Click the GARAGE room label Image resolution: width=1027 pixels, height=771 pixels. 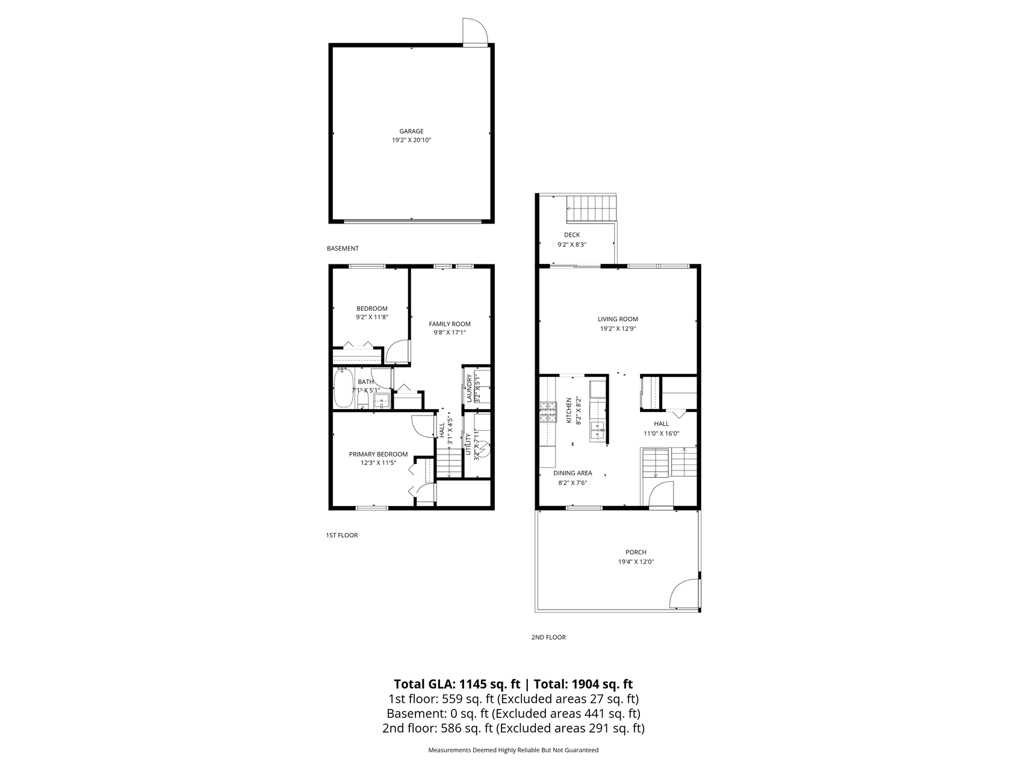[411, 131]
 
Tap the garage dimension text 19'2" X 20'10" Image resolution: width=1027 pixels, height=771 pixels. [411, 140]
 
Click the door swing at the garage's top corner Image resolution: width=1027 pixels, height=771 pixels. [474, 31]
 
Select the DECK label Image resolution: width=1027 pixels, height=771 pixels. [572, 235]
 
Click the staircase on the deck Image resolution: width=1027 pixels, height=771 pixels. [592, 208]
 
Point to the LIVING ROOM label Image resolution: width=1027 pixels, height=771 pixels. [618, 319]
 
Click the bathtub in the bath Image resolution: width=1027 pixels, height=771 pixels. [344, 389]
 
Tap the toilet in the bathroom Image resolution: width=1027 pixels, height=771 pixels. [362, 399]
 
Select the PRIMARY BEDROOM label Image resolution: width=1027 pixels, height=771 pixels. [378, 454]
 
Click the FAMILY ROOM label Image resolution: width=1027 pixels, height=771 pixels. [450, 324]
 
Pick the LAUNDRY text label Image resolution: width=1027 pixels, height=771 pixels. [469, 389]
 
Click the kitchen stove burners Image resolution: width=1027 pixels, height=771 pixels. [548, 411]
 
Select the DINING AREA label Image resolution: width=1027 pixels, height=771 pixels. [572, 473]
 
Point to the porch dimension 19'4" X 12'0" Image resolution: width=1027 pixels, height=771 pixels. [636, 562]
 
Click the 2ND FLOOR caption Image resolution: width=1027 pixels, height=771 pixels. [548, 637]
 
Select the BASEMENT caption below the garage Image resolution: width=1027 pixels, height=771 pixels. [343, 248]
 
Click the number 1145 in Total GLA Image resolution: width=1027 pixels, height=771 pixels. [472, 684]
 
